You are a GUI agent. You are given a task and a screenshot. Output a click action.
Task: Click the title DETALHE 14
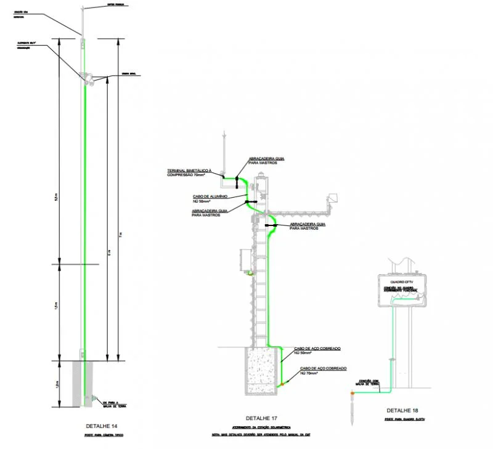[104, 426]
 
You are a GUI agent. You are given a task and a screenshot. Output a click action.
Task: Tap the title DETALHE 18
[402, 410]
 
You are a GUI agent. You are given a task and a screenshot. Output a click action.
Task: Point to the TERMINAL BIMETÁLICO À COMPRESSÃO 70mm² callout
[189, 172]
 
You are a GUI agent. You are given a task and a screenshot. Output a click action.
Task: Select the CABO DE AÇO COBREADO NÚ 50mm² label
[317, 350]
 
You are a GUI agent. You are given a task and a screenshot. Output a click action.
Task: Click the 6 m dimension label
[110, 253]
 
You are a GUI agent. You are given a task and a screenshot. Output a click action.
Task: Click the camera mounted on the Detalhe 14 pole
[88, 78]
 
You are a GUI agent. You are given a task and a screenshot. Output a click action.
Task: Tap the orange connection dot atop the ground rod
[352, 392]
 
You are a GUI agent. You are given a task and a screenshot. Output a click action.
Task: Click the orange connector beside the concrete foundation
[283, 384]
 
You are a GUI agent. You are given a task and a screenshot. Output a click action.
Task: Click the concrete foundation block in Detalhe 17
[261, 370]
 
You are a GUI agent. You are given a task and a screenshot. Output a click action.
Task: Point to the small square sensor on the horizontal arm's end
[333, 198]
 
